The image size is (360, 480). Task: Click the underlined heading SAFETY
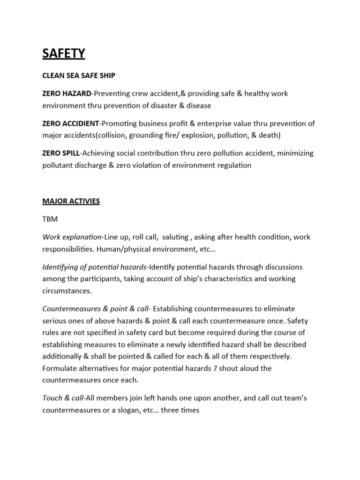pyautogui.click(x=64, y=54)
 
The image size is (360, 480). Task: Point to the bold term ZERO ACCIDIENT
pyautogui.click(x=71, y=123)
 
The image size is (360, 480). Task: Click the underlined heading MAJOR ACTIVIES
pyautogui.click(x=71, y=201)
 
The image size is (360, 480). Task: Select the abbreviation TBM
pyautogui.click(x=50, y=219)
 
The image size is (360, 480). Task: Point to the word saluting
pyautogui.click(x=174, y=237)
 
